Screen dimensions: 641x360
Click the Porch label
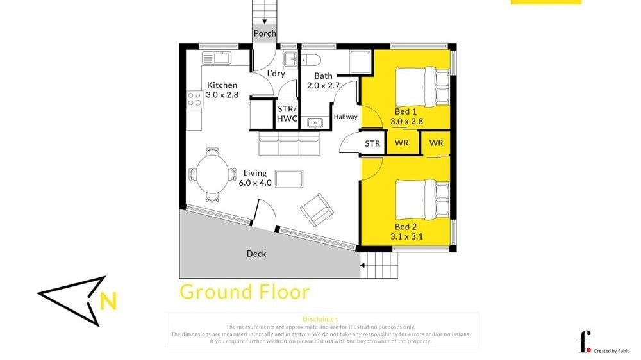pyautogui.click(x=265, y=33)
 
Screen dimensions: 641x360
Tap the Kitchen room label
pyautogui.click(x=222, y=85)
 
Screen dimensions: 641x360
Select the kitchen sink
pyautogui.click(x=217, y=58)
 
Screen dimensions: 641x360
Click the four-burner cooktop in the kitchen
pyautogui.click(x=195, y=99)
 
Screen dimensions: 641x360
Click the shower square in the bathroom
pyautogui.click(x=360, y=61)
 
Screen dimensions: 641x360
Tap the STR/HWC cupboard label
pyautogui.click(x=287, y=113)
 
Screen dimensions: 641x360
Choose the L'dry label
pyautogui.click(x=276, y=74)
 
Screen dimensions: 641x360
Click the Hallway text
pyautogui.click(x=345, y=117)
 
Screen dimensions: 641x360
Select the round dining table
pyautogui.click(x=213, y=174)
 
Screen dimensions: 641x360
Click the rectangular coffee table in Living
pyautogui.click(x=289, y=179)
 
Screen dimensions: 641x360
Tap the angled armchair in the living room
pyautogui.click(x=317, y=209)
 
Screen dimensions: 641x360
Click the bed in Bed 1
pyautogui.click(x=422, y=86)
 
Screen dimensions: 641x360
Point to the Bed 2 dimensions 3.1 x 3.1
pyautogui.click(x=406, y=236)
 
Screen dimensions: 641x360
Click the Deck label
pyautogui.click(x=256, y=254)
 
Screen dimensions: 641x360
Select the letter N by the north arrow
pyautogui.click(x=108, y=301)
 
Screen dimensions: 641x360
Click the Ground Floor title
pyautogui.click(x=244, y=291)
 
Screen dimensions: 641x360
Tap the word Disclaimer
pyautogui.click(x=320, y=319)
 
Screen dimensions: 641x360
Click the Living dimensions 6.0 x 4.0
pyautogui.click(x=255, y=183)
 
